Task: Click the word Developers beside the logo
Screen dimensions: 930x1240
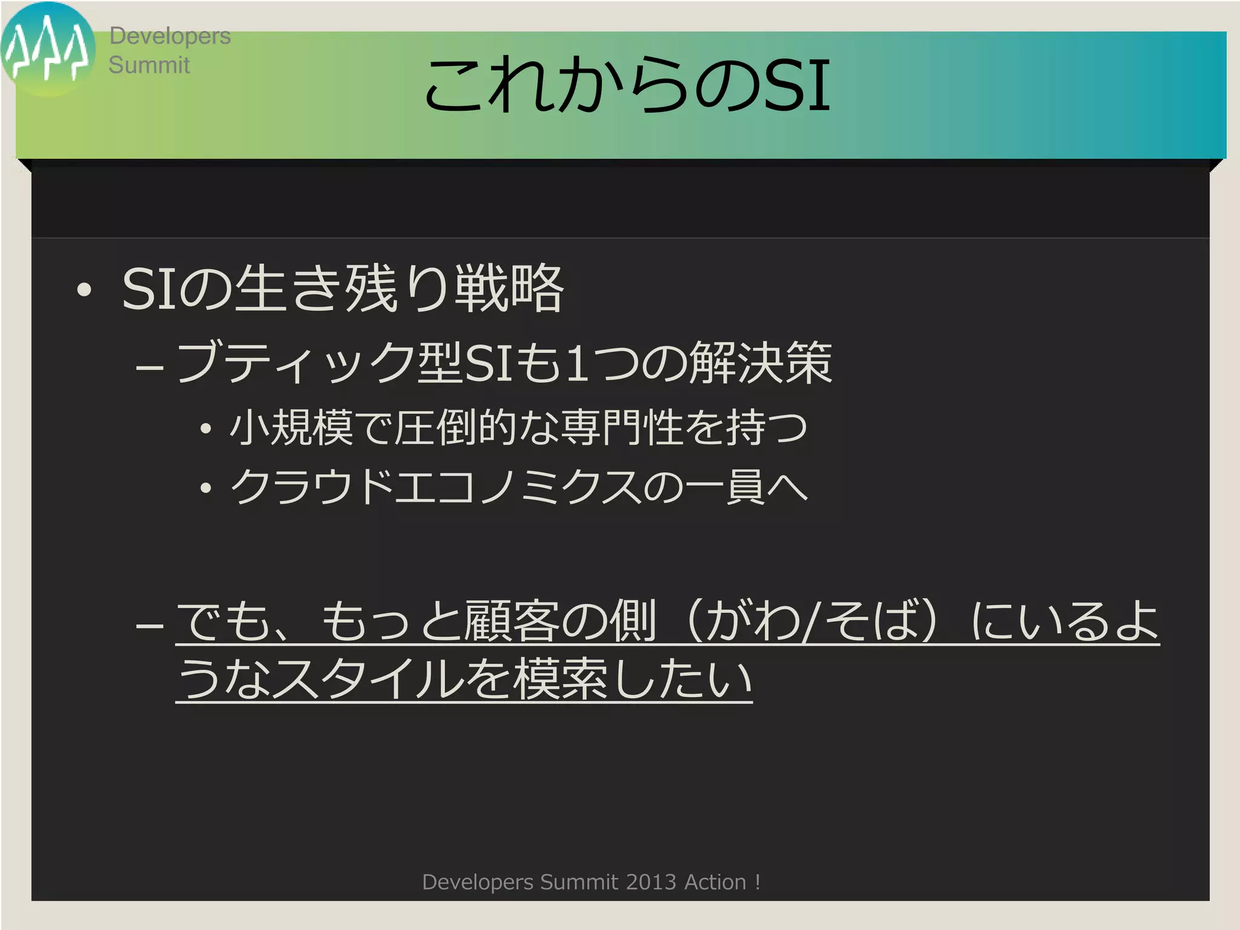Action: click(x=170, y=36)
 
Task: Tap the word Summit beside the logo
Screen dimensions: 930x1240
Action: click(x=149, y=65)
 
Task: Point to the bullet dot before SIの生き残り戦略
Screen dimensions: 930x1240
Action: click(x=84, y=290)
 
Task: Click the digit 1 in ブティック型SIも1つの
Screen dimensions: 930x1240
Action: click(x=578, y=362)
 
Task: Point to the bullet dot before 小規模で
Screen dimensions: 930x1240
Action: click(x=206, y=429)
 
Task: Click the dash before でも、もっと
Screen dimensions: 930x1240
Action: click(x=150, y=624)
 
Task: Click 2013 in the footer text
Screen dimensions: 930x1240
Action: click(x=651, y=882)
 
